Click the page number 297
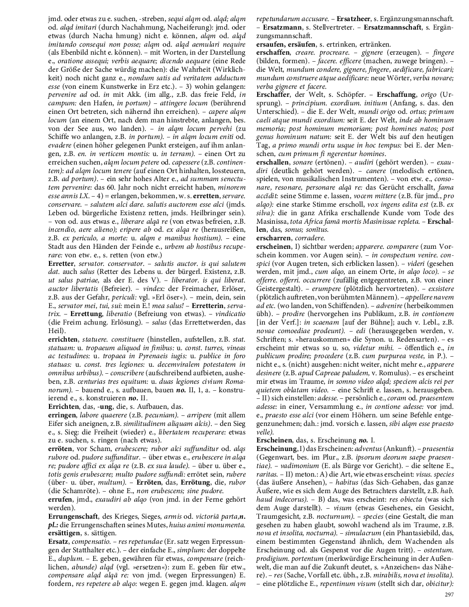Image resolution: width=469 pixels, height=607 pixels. (x=449, y=594)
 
